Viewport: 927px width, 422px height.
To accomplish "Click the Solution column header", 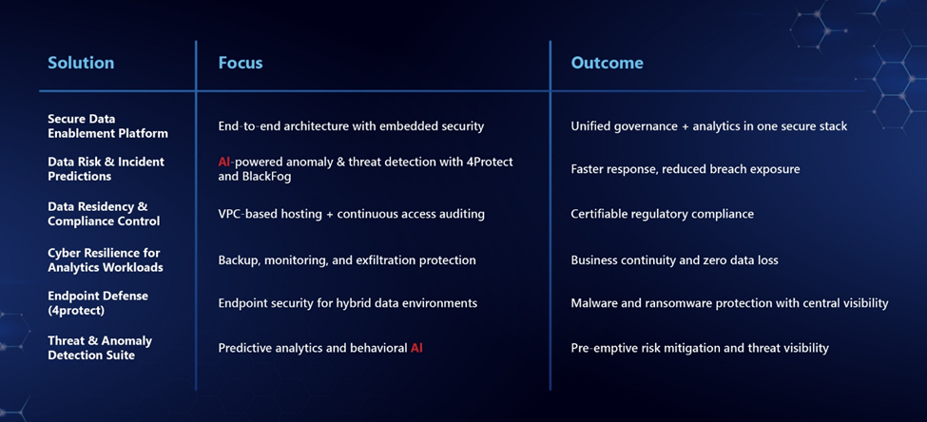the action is (81, 63).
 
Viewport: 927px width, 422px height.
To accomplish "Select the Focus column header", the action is (241, 63).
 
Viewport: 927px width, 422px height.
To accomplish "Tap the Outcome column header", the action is (608, 63).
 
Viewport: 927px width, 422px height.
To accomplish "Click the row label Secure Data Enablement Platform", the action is (107, 125).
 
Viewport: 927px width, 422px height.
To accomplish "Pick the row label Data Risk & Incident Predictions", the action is (106, 169).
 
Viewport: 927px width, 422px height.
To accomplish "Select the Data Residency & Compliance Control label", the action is (104, 214).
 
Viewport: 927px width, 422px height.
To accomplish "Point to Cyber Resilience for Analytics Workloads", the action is (106, 259).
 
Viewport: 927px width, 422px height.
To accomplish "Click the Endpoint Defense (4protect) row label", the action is (98, 302).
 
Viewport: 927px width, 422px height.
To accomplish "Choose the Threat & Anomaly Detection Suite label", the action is (100, 348).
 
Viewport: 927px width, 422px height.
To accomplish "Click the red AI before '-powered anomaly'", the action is (224, 162).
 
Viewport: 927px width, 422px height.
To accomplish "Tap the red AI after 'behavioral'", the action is (416, 348).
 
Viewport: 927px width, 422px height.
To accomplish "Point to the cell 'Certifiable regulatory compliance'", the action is (662, 214).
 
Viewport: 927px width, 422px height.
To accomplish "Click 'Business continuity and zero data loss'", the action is (674, 260).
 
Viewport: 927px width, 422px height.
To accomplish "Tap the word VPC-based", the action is (244, 214).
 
